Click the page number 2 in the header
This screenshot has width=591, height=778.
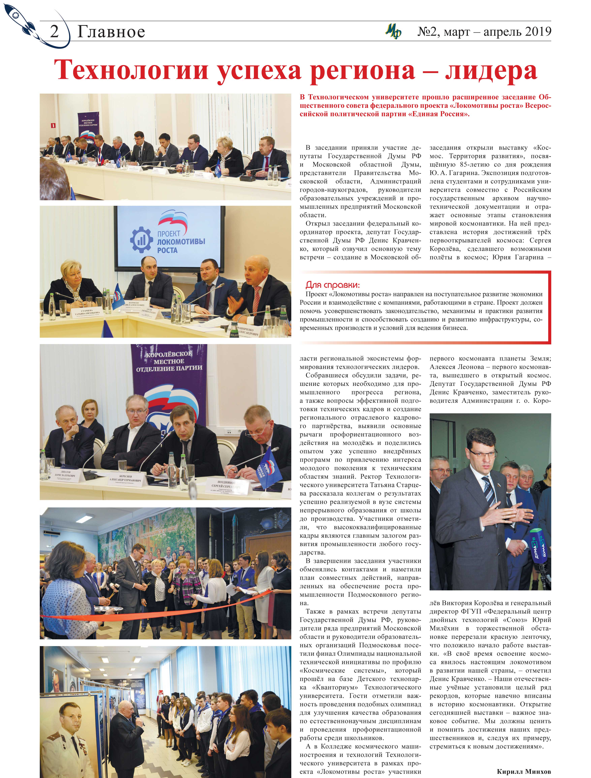click(x=54, y=32)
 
